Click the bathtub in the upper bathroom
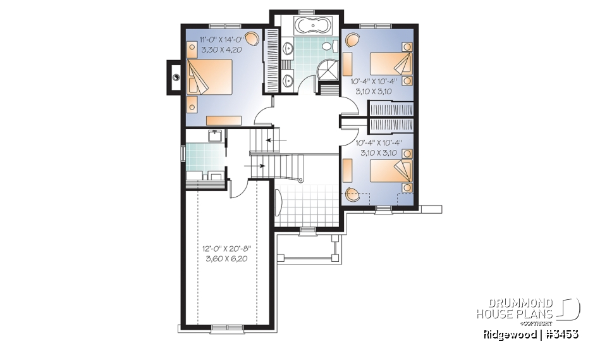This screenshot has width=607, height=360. point(307,27)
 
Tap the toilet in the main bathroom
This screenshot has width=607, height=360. point(329,46)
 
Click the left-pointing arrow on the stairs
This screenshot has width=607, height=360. point(276,139)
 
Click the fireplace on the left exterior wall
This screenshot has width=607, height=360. point(175,77)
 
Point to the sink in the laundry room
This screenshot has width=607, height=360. point(214,137)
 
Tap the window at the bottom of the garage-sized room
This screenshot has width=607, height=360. point(226,327)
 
